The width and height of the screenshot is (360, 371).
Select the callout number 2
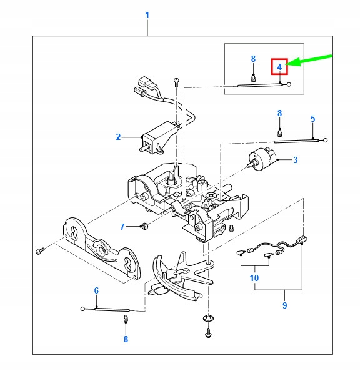117,136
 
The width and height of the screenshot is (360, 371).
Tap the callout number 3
295,160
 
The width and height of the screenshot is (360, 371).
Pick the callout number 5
312,118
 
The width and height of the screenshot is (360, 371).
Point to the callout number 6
96,290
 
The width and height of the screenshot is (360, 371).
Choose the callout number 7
122,225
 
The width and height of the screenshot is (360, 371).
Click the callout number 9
284,305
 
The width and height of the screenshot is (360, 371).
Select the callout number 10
254,277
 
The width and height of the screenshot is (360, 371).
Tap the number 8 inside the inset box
253,59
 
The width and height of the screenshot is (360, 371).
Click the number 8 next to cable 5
280,113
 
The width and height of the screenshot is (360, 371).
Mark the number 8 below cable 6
126,339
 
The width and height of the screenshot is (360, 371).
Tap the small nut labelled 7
144,225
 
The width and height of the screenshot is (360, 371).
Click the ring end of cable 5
325,140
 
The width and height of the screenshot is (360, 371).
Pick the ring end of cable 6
82,308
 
